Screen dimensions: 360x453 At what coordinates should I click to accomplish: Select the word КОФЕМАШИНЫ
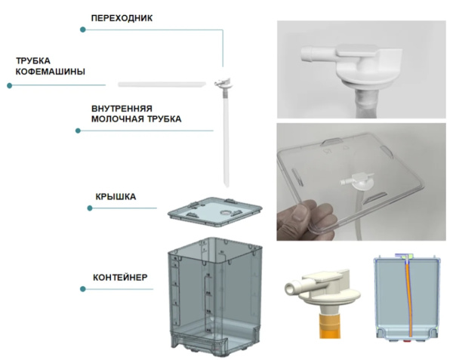50,72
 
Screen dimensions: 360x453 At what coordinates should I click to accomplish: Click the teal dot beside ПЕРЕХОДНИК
82,30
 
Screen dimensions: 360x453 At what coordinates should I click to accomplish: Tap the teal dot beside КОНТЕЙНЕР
82,288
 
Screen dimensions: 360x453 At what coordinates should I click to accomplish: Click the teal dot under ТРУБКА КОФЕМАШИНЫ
10,85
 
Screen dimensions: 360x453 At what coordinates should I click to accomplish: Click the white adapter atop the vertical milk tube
223,78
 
